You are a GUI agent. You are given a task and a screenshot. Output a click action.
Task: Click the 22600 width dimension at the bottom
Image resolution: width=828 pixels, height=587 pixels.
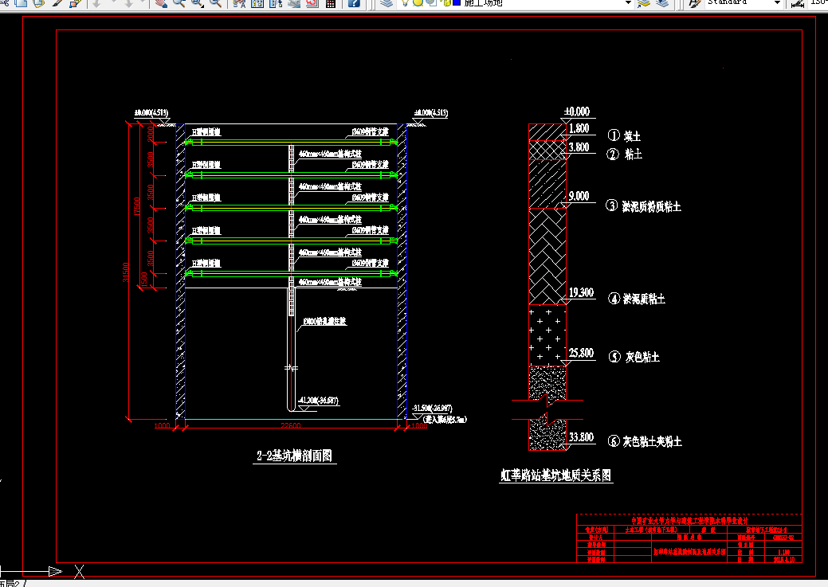pos(290,426)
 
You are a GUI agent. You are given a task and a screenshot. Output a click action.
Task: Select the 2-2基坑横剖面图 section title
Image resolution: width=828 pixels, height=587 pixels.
pos(294,456)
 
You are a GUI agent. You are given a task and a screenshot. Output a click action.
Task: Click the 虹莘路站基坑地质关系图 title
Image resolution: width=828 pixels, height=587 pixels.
pos(556,475)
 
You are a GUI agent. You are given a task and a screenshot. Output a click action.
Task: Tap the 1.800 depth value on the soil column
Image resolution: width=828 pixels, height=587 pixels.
pos(579,128)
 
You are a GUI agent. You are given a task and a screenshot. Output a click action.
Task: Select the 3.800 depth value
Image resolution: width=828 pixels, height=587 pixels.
pos(579,147)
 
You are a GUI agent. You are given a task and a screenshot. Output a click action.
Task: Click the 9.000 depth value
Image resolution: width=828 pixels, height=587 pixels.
pos(578,196)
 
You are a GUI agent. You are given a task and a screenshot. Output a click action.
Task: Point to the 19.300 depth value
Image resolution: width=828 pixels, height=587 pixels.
pos(581,293)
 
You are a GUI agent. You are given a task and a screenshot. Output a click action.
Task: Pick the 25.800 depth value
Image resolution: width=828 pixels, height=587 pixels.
pos(581,353)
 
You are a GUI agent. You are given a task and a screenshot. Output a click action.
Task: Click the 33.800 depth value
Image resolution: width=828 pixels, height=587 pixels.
pos(581,436)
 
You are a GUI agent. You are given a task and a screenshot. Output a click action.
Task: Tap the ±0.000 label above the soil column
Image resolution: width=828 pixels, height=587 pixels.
pos(576,112)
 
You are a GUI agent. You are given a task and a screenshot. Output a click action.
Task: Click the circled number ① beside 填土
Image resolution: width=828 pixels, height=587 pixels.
pos(614,135)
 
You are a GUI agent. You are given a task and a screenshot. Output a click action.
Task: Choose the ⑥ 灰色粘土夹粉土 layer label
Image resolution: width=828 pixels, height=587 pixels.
pos(645,441)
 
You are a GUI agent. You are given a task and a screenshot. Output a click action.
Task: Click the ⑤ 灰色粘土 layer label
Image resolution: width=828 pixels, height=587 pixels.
pos(634,358)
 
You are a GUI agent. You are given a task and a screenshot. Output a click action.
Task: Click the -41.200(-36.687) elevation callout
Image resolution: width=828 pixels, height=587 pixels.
pos(318,400)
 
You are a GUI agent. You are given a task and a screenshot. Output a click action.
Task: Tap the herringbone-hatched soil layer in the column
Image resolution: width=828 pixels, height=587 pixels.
pos(547,255)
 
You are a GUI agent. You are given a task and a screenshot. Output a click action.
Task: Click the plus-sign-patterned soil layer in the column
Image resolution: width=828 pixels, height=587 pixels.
pos(547,335)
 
